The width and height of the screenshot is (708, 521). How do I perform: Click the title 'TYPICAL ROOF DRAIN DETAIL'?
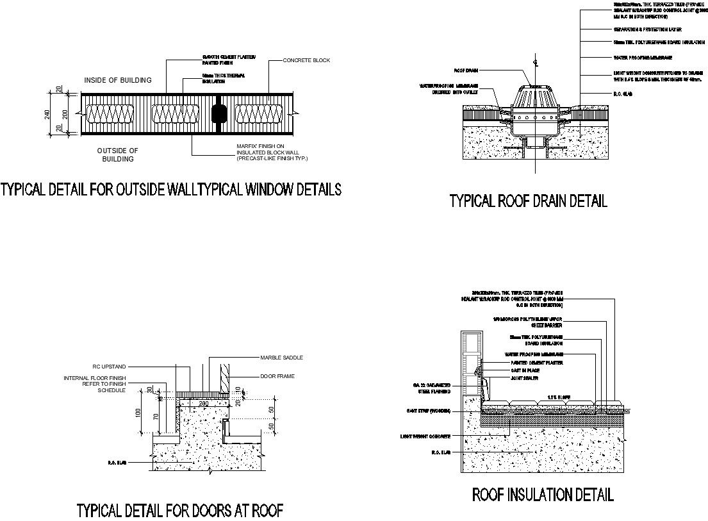(x=528, y=201)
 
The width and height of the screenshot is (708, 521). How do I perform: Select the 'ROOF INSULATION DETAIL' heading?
(x=543, y=494)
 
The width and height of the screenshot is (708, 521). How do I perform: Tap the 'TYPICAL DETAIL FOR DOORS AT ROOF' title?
(x=180, y=510)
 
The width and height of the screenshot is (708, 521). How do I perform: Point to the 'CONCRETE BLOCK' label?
(x=307, y=60)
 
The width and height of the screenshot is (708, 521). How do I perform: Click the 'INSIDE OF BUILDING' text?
(x=119, y=80)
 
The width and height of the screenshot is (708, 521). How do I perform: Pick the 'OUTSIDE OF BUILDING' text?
(x=118, y=154)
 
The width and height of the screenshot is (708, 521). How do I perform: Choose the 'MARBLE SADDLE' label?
(x=281, y=358)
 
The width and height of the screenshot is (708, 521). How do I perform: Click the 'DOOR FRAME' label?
(x=277, y=376)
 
